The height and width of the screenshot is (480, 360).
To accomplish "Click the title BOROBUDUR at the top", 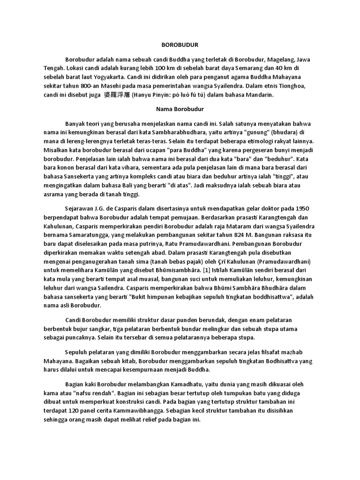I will pyautogui.click(x=180, y=45).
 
